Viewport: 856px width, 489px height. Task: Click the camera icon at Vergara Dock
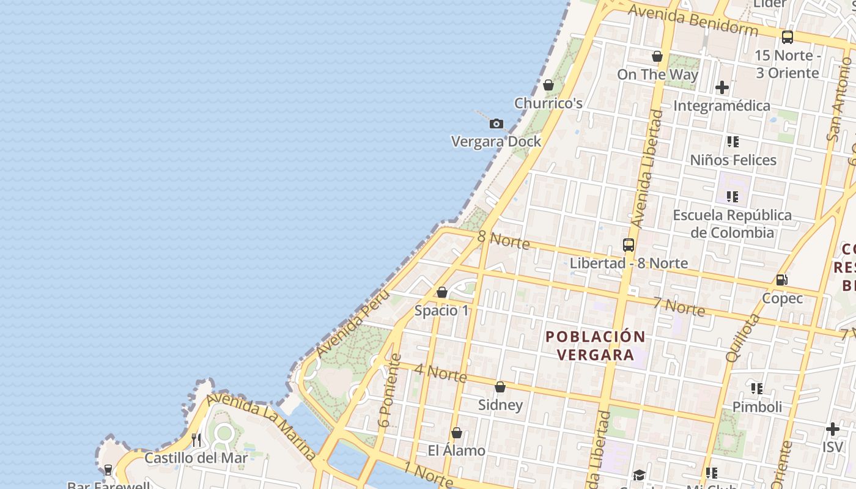(x=496, y=124)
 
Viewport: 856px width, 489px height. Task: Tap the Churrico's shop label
(x=548, y=103)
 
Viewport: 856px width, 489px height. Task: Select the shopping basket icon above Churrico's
(x=548, y=85)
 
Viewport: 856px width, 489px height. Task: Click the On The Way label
(x=657, y=75)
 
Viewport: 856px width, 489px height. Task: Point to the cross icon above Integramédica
(x=722, y=87)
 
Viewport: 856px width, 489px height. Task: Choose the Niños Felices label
(x=733, y=160)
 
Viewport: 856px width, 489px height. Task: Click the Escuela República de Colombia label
(x=732, y=224)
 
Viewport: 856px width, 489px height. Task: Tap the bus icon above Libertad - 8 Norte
(x=629, y=245)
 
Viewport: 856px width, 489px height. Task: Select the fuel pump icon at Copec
(x=781, y=280)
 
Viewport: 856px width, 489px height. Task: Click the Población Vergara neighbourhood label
(x=595, y=345)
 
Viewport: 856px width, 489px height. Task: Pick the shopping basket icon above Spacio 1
(x=442, y=293)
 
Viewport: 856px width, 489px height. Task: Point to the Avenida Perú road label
(x=353, y=323)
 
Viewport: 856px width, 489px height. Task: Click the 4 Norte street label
(x=440, y=372)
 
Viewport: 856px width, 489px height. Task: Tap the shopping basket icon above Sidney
(x=500, y=387)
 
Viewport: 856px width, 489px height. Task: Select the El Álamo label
(x=456, y=451)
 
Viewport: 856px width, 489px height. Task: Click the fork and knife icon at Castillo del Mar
(x=196, y=440)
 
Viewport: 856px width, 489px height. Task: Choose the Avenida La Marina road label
(x=261, y=427)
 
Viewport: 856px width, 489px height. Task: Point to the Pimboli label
(x=757, y=407)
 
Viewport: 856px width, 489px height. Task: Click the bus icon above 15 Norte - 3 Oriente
(x=788, y=37)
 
